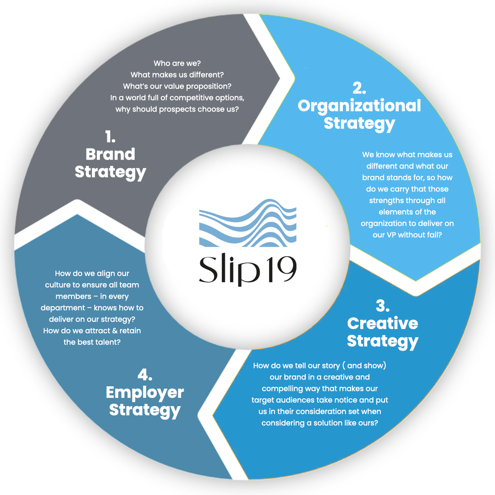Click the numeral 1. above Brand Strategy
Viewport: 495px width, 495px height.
pos(110,137)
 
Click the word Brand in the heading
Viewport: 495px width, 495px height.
pos(110,154)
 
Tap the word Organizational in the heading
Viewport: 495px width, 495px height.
pos(359,106)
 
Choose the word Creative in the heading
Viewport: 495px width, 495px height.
pos(383,323)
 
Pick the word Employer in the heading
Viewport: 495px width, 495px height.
pos(145,392)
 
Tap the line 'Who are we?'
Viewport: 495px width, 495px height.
pos(177,63)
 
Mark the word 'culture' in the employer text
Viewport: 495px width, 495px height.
pos(58,285)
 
